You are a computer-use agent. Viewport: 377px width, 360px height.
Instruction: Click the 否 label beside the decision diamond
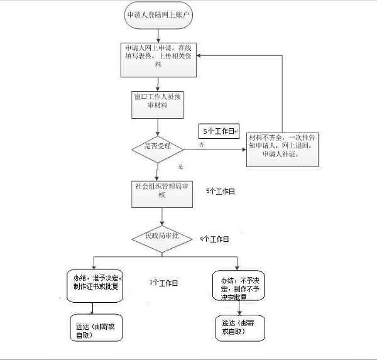(202, 145)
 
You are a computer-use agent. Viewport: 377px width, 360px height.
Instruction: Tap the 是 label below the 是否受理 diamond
(180, 167)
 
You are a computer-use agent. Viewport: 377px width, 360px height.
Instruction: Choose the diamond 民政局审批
(163, 237)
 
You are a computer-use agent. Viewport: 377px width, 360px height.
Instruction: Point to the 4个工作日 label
(214, 239)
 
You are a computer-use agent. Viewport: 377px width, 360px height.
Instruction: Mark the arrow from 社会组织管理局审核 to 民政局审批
(163, 217)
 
